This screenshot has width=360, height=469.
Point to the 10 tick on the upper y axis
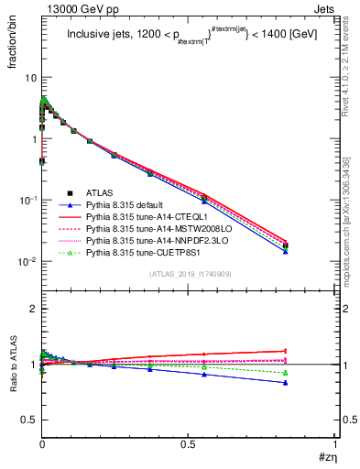click(x=29, y=78)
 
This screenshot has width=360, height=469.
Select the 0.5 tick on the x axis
click(x=189, y=442)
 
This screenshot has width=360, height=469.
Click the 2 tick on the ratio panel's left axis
click(x=33, y=309)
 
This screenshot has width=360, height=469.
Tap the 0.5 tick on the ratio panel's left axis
click(x=28, y=420)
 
